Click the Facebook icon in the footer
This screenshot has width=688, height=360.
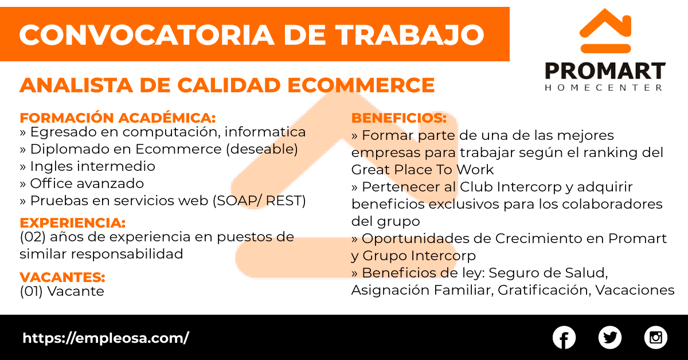click(564, 338)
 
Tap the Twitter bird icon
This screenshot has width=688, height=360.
click(609, 338)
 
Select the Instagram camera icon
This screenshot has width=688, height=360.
click(655, 338)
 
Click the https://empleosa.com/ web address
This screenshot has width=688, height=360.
click(105, 338)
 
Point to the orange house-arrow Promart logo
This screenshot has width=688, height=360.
click(605, 31)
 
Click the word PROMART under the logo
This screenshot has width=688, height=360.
click(605, 71)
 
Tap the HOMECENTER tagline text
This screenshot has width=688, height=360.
click(604, 88)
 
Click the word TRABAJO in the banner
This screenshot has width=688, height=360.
click(410, 35)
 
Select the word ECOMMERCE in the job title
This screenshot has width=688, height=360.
click(361, 85)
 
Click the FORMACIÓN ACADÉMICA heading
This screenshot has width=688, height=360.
click(118, 118)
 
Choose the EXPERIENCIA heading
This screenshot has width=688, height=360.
click(73, 223)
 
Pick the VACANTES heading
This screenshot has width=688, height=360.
click(62, 277)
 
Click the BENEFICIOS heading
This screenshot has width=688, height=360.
click(399, 118)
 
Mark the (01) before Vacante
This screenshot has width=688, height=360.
click(31, 291)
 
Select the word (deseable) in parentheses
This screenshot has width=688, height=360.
click(262, 149)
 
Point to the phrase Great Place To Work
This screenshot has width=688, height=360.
click(423, 170)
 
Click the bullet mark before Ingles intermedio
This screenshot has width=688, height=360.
click(23, 167)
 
